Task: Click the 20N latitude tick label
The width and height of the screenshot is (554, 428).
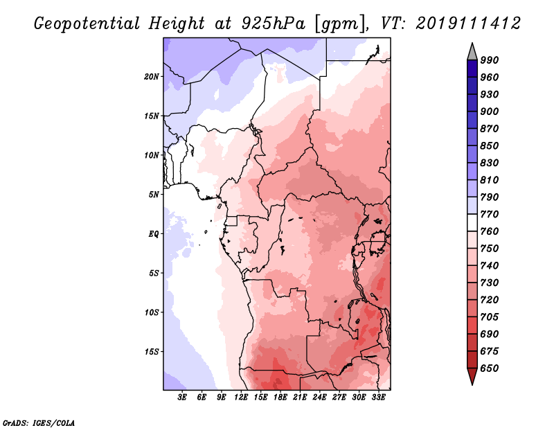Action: point(152,76)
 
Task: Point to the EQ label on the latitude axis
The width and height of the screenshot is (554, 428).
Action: point(153,233)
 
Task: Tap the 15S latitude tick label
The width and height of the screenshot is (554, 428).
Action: point(152,351)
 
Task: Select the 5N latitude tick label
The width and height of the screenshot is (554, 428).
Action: point(154,194)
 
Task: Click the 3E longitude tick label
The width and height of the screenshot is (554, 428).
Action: point(183,398)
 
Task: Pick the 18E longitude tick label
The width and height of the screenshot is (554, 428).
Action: point(280,398)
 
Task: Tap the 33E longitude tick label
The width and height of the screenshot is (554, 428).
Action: point(378,398)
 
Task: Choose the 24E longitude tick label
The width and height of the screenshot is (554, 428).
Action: point(319,398)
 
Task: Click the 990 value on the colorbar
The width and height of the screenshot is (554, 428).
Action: point(490,60)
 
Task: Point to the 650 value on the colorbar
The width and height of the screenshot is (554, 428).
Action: point(490,368)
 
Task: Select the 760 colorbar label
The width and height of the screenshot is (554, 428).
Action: point(490,231)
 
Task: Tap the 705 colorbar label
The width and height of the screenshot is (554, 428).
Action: point(490,317)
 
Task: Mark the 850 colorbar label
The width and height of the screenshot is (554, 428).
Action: point(490,146)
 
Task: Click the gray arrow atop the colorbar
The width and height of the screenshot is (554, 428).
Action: point(472,51)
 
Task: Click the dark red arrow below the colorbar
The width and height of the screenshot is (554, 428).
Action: point(472,377)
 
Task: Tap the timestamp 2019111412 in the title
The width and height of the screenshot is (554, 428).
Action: point(468,24)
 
